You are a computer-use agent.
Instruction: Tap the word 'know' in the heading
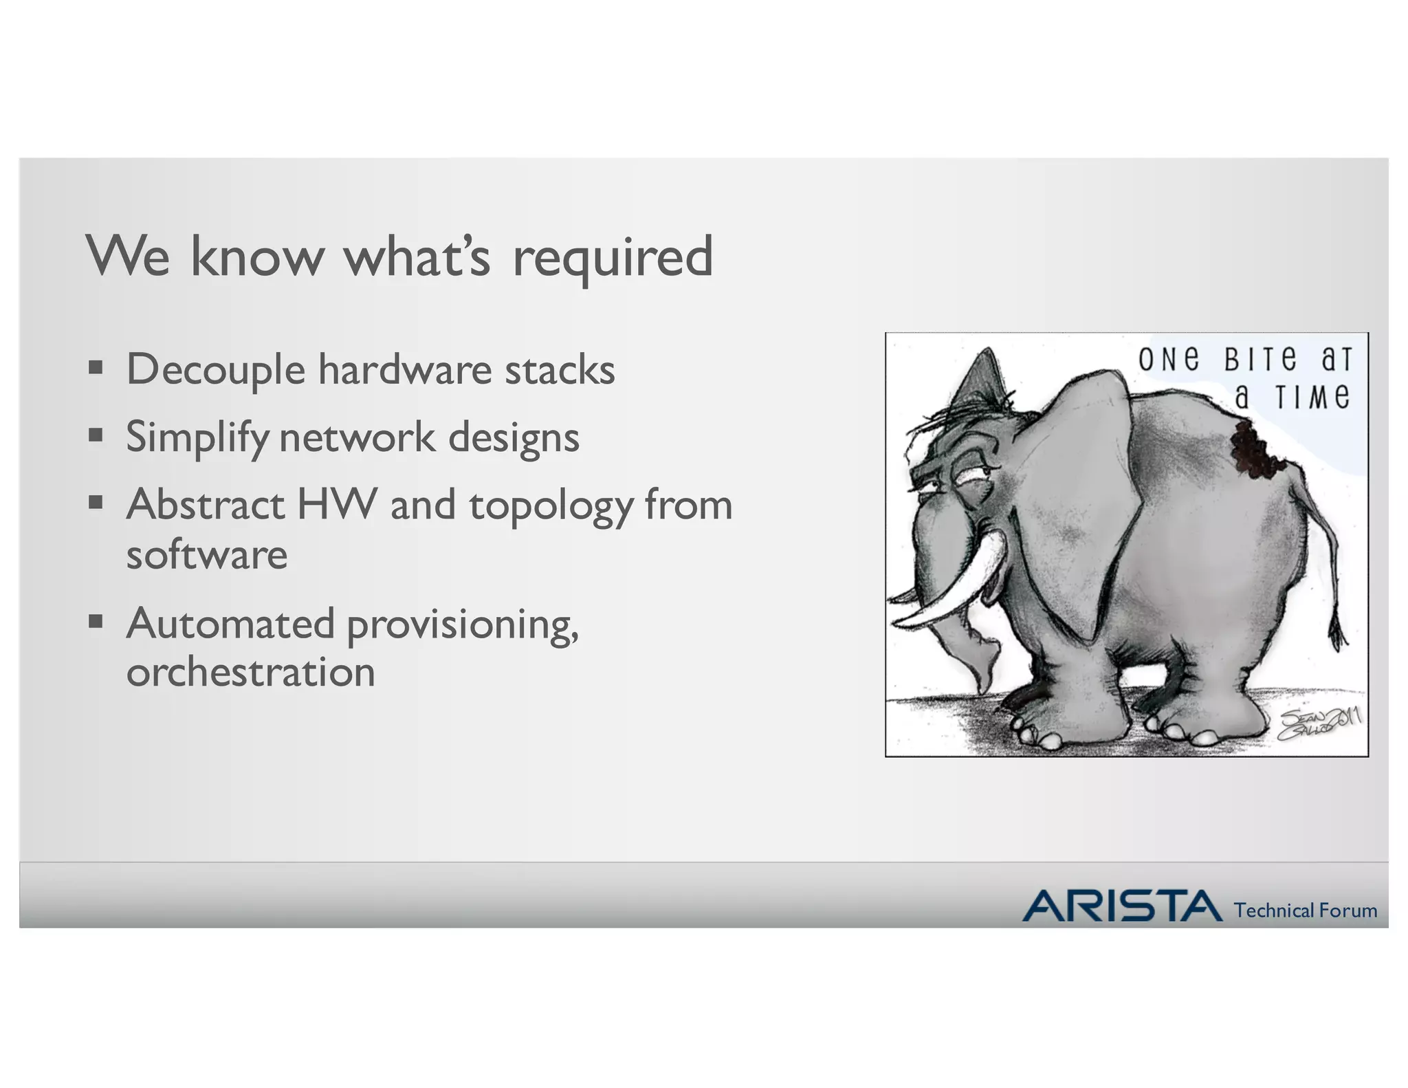click(256, 257)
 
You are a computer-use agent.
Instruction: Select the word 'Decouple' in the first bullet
click(215, 370)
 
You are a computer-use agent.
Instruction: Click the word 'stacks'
click(560, 370)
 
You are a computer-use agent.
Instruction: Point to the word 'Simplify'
click(197, 438)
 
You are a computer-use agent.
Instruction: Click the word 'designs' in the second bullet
click(514, 437)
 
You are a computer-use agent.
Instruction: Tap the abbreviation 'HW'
click(337, 504)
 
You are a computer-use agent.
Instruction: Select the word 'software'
click(206, 554)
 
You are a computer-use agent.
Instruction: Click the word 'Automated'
click(230, 624)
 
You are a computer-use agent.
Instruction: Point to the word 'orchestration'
click(250, 672)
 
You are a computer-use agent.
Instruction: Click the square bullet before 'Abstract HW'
click(96, 502)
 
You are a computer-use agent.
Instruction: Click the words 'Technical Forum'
click(1305, 911)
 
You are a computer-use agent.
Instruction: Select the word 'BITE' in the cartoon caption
click(1260, 360)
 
